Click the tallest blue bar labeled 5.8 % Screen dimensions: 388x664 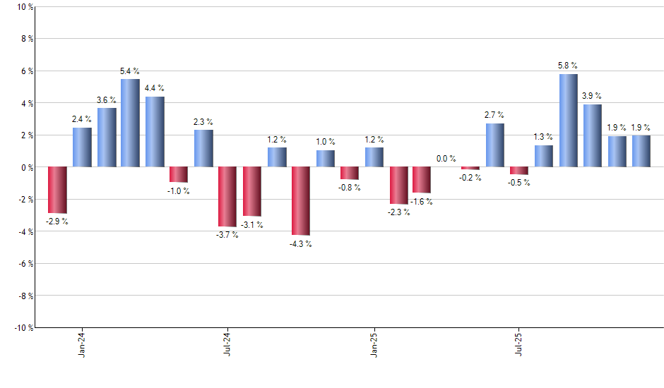click(568, 121)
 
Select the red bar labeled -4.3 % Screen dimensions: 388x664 click(301, 201)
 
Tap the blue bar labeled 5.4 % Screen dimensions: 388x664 click(130, 123)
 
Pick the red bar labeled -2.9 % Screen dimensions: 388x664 click(57, 190)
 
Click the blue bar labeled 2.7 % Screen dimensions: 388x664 click(495, 145)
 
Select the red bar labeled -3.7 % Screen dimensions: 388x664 click(227, 197)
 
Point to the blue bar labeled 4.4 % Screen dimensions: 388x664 click(155, 132)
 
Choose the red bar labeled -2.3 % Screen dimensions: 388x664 click(398, 186)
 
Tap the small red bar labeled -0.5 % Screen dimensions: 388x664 click(519, 171)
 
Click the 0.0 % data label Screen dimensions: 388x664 click(446, 159)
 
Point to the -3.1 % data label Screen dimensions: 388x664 click(251, 225)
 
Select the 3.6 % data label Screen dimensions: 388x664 click(107, 100)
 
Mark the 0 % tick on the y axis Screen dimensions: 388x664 click(25, 167)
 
